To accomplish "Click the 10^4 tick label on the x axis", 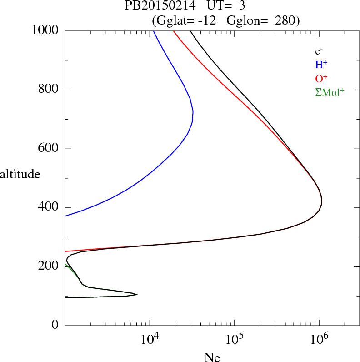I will [150, 339].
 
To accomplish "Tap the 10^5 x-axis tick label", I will [234, 339].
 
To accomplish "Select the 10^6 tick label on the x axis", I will [319, 339].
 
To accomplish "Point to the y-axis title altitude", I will [20, 174].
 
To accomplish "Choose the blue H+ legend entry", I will [321, 65].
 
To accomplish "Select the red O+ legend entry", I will [321, 78].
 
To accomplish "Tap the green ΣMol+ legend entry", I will [330, 92].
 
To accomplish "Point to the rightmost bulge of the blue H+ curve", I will [193, 111].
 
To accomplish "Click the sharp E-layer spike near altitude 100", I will [137, 295].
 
